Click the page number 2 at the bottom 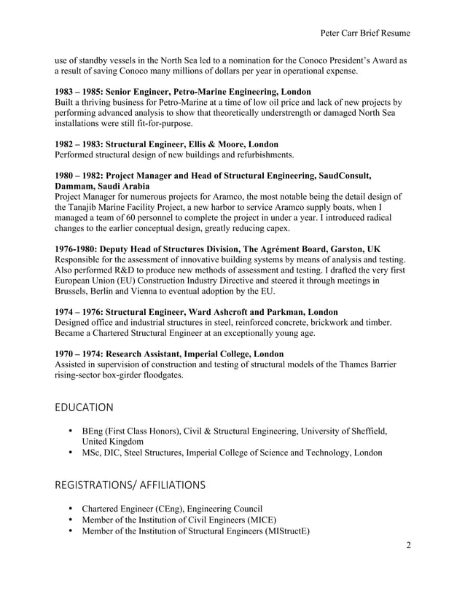click(408, 544)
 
